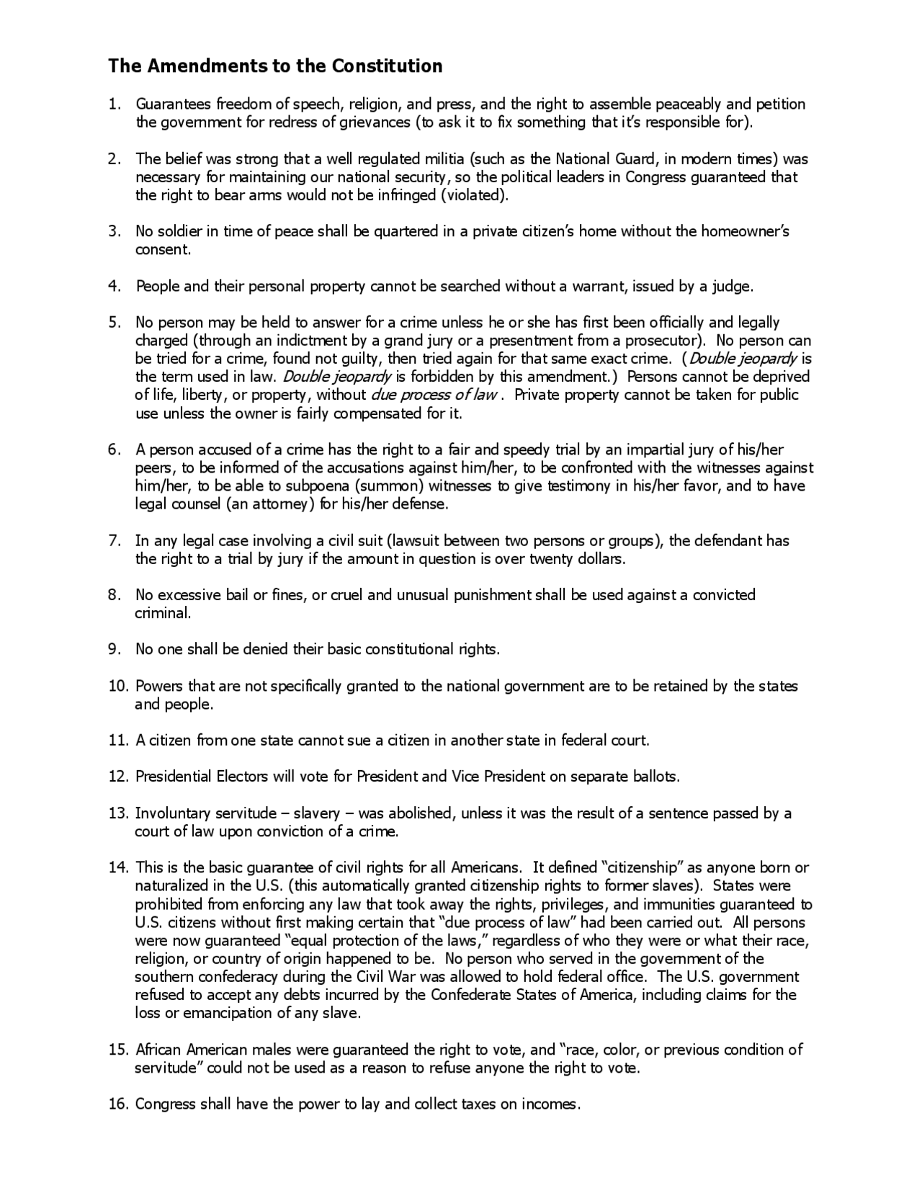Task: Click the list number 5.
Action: coord(114,323)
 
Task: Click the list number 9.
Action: coord(114,650)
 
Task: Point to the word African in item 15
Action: coord(160,1050)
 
